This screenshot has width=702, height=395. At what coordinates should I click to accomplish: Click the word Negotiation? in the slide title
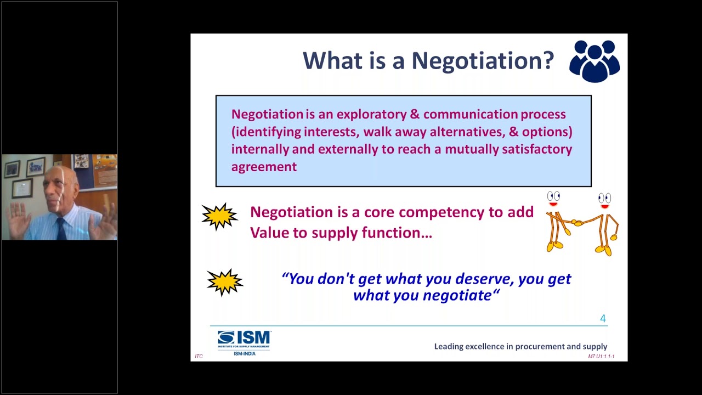[483, 60]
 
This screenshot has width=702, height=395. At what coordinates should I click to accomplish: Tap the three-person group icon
[595, 61]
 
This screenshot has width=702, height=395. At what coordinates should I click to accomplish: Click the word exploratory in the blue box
[371, 115]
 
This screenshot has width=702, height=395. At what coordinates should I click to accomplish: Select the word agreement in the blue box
[264, 167]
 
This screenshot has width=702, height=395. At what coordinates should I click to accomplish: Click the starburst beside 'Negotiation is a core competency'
[219, 217]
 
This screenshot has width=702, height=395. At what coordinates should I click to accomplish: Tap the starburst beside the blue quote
[225, 283]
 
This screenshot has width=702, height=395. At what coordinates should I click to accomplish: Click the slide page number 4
[603, 319]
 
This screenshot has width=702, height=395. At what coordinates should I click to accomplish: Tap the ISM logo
[244, 340]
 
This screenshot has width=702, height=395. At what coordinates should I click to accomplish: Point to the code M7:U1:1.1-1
[601, 357]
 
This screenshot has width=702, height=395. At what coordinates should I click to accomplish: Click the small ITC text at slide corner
[199, 357]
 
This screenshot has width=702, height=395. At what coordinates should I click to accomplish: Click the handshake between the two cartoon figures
[577, 223]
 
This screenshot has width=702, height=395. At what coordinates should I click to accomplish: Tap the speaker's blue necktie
[61, 228]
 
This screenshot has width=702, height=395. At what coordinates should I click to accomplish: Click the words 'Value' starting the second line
[267, 233]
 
